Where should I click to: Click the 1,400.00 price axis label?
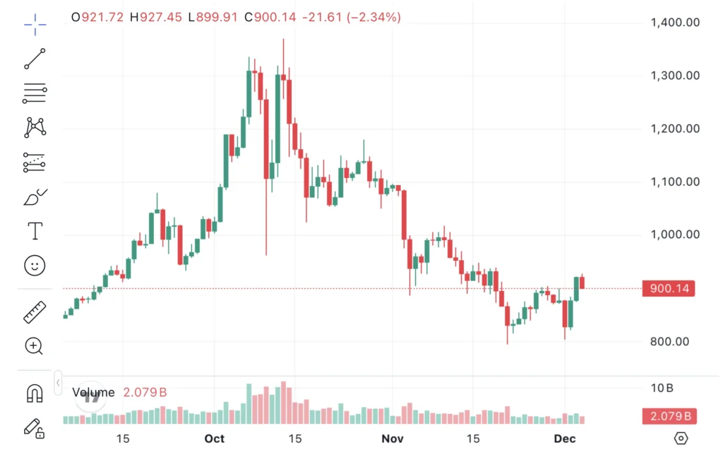coord(674,23)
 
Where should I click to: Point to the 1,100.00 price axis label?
coord(674,182)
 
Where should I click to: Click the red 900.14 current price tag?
coord(668,288)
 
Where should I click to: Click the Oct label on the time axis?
coord(214,439)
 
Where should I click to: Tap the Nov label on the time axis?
coord(392,439)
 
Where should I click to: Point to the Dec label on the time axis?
coord(565,439)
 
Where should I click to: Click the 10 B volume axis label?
coord(662,388)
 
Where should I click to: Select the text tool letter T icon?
coord(35,230)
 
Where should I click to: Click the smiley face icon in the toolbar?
coord(35,265)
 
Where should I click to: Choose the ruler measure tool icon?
coord(35,311)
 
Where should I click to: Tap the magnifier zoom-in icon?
coord(34,345)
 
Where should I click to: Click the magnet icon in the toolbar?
coord(35,393)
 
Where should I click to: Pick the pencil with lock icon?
coord(34,427)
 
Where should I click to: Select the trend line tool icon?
coord(35,59)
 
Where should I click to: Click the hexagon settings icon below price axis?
coord(681,439)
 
